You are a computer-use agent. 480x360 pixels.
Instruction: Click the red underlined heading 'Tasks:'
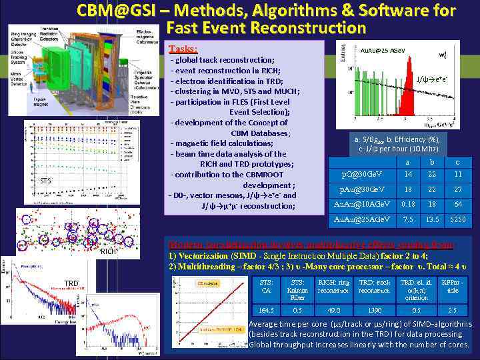183,49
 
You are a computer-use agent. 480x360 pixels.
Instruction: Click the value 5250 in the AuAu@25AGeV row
457,219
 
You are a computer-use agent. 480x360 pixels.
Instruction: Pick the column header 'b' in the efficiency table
432,162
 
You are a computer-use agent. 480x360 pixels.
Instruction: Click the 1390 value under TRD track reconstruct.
374,309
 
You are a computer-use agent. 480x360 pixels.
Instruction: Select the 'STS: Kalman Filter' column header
298,290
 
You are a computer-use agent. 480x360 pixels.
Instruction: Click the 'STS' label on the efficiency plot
45,180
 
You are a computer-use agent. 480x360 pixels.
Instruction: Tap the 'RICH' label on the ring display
107,252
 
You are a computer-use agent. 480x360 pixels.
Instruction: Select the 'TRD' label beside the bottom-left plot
72,283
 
